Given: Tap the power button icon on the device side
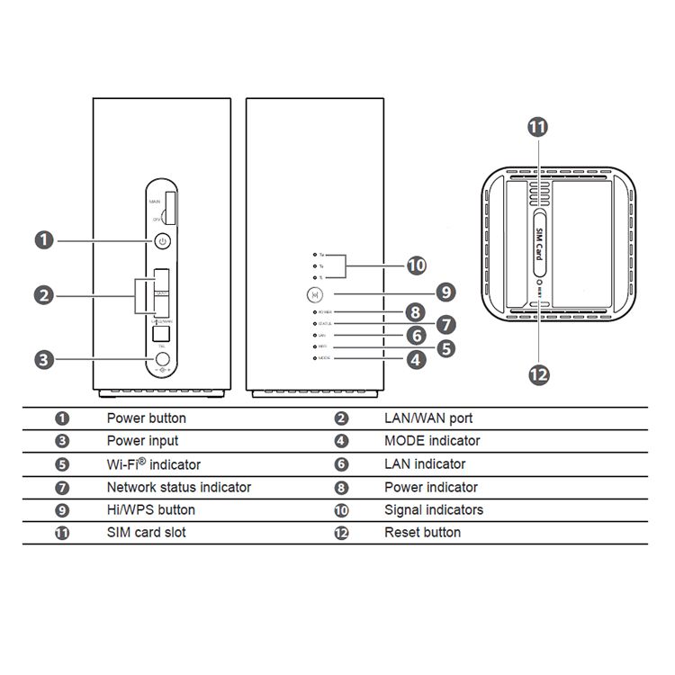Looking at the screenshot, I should pos(162,240).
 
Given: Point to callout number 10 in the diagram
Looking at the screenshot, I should pos(416,265).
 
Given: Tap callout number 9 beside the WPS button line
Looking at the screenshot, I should pos(445,292).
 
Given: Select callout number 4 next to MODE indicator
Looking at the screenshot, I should pos(416,359).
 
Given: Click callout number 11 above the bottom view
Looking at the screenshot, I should pos(537,127).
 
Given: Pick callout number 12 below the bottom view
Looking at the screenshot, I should pos(538,374).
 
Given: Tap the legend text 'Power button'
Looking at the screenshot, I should pos(147,418).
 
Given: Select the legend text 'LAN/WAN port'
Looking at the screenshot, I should pos(428,418).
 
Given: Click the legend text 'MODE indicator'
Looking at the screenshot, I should pos(432,441).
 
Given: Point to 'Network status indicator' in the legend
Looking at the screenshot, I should pos(179,487).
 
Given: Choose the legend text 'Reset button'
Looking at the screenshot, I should pos(422,532).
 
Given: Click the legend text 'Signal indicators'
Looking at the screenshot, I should pos(434,509).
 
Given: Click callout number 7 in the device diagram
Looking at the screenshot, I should pos(445,324).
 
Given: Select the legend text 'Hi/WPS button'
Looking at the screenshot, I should pos(151,509).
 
